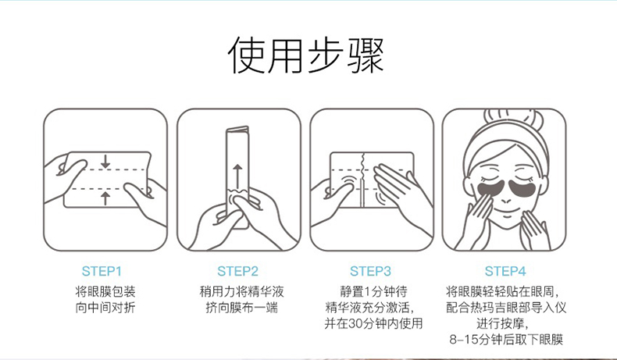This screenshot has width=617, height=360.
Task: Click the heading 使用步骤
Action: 305,55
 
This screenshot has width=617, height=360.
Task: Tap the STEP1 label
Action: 102,271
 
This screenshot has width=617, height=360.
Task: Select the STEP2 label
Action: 237,271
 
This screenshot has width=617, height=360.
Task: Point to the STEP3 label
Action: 370,271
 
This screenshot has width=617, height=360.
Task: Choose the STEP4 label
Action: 505,271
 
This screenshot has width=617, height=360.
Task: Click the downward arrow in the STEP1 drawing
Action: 105,162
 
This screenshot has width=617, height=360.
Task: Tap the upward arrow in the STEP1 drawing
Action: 105,198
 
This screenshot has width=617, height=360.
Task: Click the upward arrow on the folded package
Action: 237,176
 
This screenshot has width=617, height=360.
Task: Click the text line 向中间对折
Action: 105,307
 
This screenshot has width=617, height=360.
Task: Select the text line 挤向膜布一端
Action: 241,307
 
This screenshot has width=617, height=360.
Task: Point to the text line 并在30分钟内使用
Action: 373,323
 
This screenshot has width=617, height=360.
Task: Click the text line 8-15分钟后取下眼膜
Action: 506,339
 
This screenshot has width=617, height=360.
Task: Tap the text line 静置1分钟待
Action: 373,291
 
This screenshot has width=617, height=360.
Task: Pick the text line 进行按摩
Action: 502,323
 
